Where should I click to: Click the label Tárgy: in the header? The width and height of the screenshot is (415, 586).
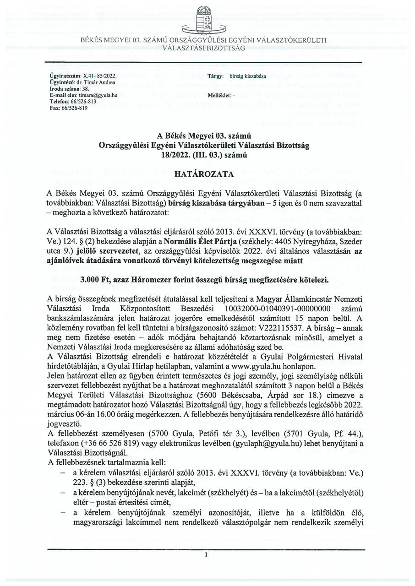tap(215, 75)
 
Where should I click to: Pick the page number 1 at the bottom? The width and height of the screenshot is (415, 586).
tap(207, 567)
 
